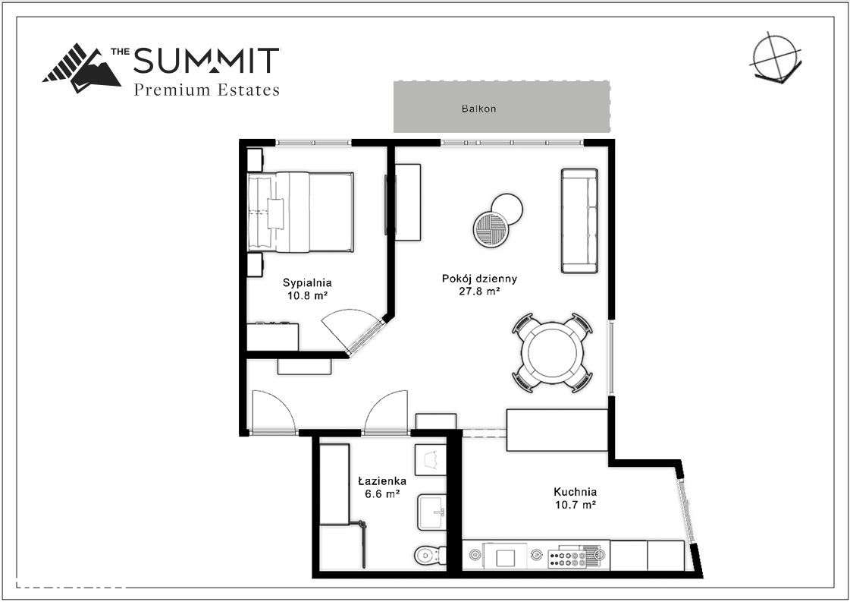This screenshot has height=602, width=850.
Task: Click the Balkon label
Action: (x=478, y=109)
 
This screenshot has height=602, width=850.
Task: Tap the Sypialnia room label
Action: (x=306, y=282)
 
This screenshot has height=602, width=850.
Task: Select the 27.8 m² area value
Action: (x=479, y=291)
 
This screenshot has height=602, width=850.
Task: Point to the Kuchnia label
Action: (x=575, y=491)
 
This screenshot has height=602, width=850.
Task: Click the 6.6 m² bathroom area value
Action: (x=382, y=493)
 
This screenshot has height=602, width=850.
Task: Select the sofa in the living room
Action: (x=580, y=220)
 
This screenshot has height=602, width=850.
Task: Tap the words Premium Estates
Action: (x=206, y=90)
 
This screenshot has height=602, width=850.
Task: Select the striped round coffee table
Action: (x=490, y=228)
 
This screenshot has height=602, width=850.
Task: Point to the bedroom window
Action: (x=314, y=142)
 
